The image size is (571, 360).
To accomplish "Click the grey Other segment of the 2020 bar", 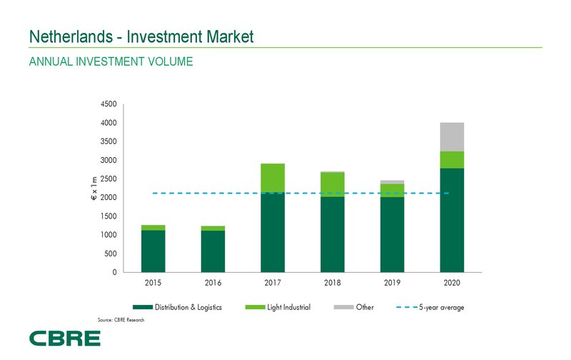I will tap(452, 137).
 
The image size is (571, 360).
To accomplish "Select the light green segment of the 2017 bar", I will tap(273, 178).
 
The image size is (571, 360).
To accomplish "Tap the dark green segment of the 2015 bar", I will tap(153, 251).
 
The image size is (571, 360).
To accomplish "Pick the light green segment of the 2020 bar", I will tap(452, 160).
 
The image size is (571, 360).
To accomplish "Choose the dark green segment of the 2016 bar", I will tap(213, 251).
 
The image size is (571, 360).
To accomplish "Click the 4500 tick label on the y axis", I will tap(109, 104).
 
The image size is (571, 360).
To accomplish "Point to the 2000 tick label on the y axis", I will tap(109, 198).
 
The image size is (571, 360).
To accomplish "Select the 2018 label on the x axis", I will tap(332, 284).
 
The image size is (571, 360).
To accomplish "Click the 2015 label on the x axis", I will tap(153, 284).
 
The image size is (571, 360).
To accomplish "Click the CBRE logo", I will tap(64, 338).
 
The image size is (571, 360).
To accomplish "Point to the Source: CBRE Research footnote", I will tap(121, 319).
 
